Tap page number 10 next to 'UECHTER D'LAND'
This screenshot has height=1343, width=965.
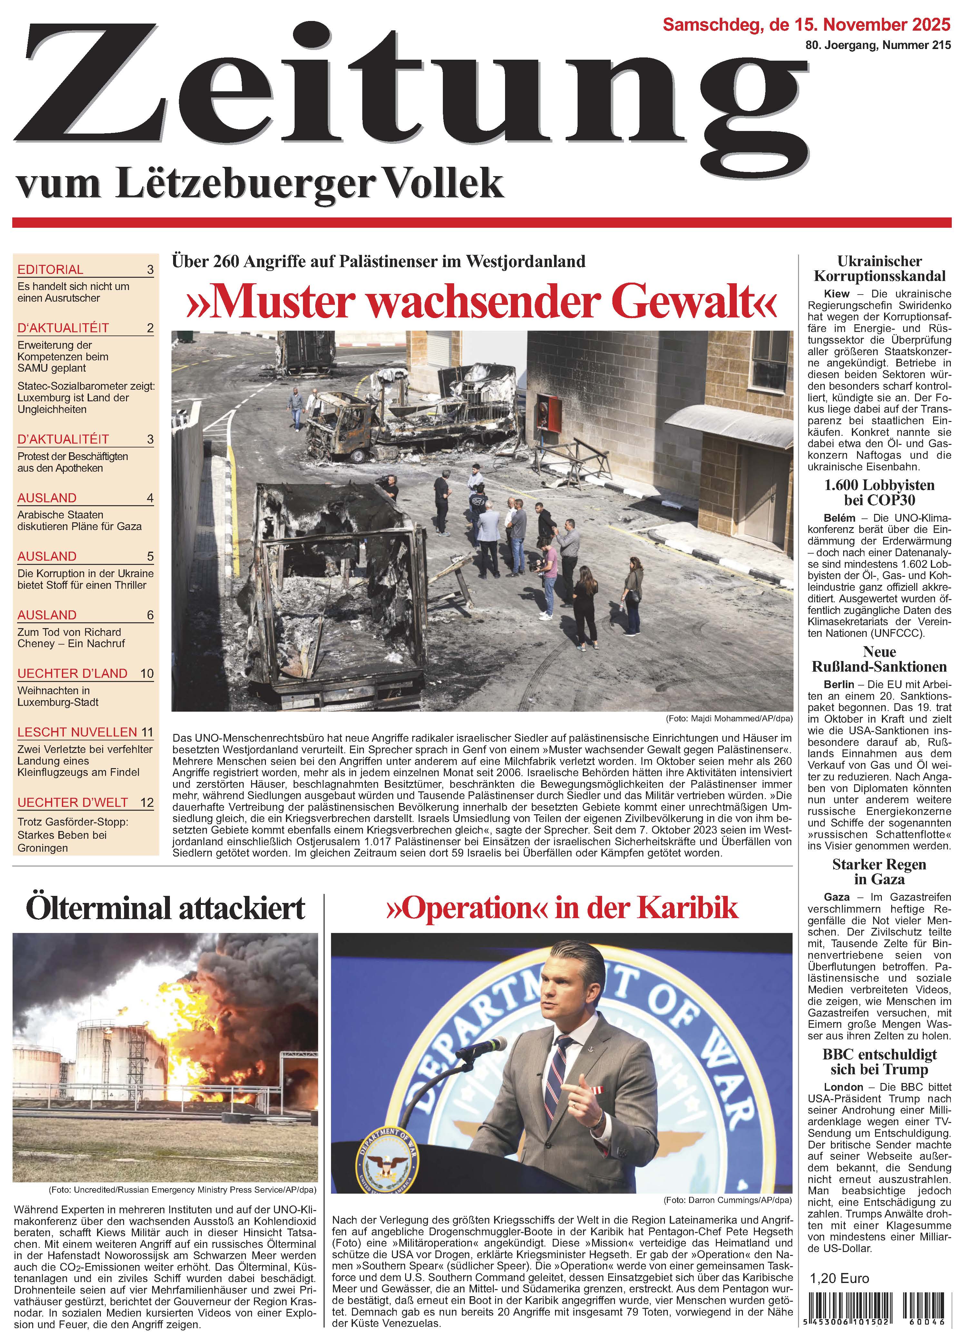coord(147,673)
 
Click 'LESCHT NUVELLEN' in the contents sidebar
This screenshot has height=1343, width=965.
coord(77,732)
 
